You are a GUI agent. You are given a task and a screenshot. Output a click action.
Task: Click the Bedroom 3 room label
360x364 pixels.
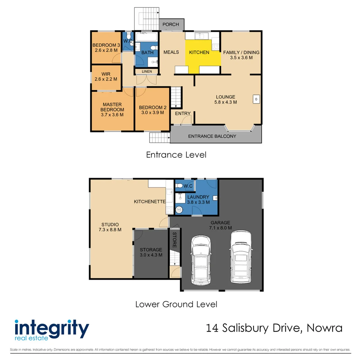pyautogui.click(x=106, y=45)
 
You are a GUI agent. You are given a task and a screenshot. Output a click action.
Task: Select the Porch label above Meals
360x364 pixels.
pyautogui.click(x=171, y=25)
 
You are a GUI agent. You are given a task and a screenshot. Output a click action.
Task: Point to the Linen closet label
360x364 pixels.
pyautogui.click(x=147, y=71)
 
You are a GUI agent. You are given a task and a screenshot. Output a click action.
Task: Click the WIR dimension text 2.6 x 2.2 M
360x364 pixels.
pyautogui.click(x=106, y=79)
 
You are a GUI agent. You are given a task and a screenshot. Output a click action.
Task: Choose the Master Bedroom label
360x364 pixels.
pyautogui.click(x=112, y=107)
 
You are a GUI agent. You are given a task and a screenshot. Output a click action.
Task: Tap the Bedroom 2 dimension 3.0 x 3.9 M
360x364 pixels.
pyautogui.click(x=153, y=113)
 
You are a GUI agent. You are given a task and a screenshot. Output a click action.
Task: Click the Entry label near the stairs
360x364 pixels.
pyautogui.click(x=183, y=113)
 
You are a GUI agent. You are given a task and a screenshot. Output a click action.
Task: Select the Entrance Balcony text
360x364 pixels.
pyautogui.click(x=212, y=136)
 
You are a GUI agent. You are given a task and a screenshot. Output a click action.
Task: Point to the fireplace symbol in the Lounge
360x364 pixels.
pyautogui.click(x=256, y=99)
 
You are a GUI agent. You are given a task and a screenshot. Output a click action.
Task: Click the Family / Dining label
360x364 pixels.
pyautogui.click(x=241, y=52)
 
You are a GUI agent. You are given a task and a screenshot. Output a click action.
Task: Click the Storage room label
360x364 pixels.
pyautogui.click(x=151, y=250)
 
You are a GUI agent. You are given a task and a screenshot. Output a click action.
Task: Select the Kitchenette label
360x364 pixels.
pyautogui.click(x=149, y=202)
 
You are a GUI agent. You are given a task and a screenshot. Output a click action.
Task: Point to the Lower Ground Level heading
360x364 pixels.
pyautogui.click(x=176, y=304)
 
